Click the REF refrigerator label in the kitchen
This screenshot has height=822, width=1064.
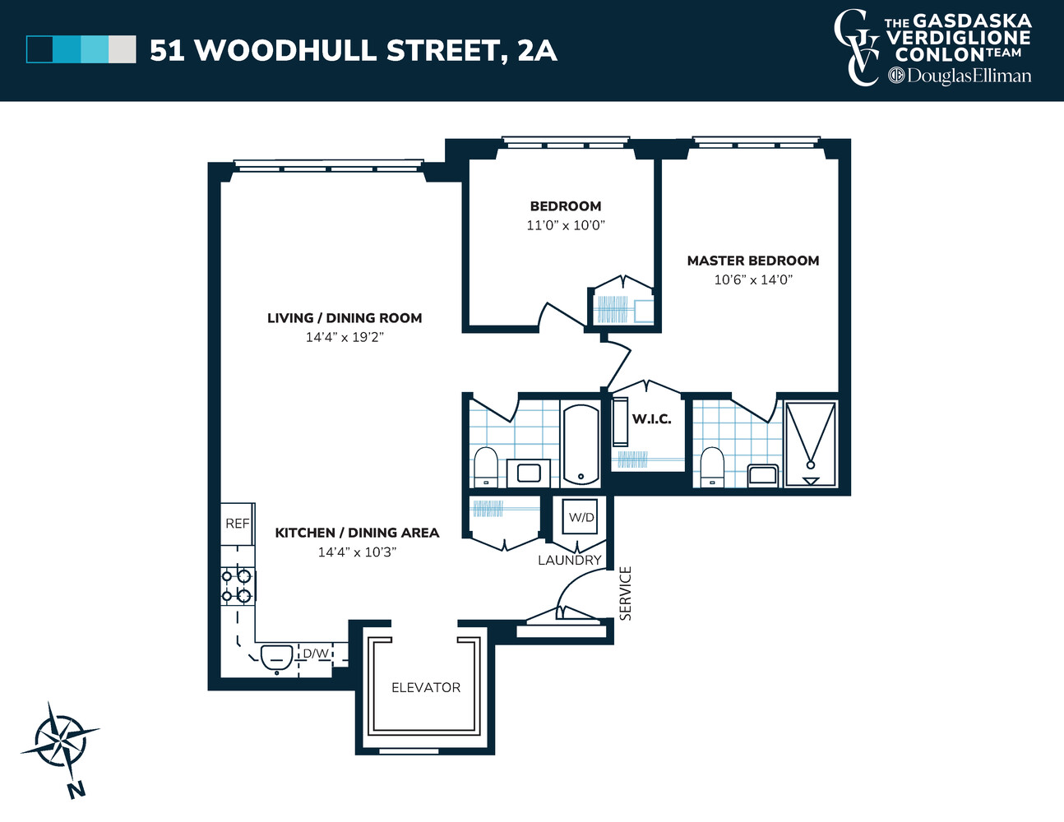tap(237, 524)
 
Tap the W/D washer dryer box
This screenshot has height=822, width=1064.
tap(581, 518)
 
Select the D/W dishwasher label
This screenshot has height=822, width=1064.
tap(316, 654)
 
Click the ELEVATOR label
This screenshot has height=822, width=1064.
tap(426, 687)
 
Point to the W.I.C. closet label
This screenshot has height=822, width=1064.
tap(651, 419)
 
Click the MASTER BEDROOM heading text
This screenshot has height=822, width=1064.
tap(753, 261)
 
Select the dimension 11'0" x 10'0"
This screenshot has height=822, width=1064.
tap(566, 225)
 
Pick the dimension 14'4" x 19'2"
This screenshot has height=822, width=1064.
tap(345, 337)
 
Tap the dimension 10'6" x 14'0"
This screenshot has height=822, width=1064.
tap(753, 279)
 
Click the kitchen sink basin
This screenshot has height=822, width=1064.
tap(276, 656)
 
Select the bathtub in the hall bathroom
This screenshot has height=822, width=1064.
tap(581, 444)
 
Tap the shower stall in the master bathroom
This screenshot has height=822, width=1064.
tap(810, 444)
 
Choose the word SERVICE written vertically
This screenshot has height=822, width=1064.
tap(626, 593)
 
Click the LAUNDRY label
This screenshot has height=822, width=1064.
tap(570, 560)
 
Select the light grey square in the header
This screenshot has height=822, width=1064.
tap(123, 49)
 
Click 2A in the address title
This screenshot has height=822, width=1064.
tap(537, 51)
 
